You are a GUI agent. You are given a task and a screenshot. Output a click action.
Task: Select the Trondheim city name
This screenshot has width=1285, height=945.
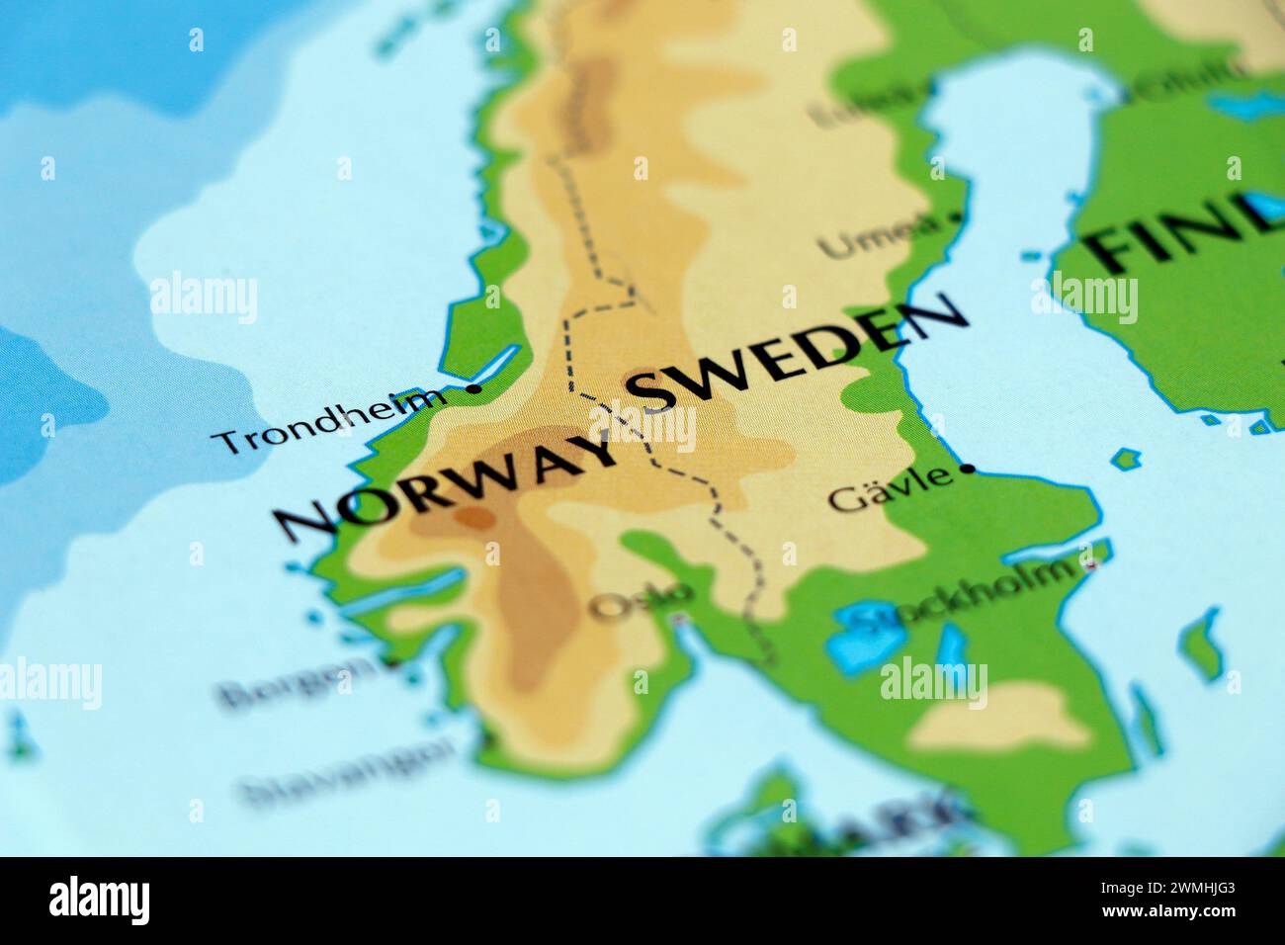pyautogui.click(x=330, y=420)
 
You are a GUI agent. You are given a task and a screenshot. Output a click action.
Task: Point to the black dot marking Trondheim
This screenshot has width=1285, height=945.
pyautogui.click(x=473, y=389)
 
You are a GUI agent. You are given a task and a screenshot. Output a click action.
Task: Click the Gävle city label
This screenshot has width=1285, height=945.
pyautogui.click(x=890, y=490)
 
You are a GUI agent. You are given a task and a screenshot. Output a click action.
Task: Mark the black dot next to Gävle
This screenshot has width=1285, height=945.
pyautogui.click(x=969, y=469)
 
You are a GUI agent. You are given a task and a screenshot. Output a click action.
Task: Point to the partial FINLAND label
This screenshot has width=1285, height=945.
pyautogui.click(x=1176, y=237)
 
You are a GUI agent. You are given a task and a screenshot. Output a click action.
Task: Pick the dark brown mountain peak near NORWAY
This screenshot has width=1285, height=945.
pyautogui.click(x=474, y=517)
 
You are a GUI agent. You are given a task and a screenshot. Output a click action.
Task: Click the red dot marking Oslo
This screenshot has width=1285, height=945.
pyautogui.click(x=678, y=621)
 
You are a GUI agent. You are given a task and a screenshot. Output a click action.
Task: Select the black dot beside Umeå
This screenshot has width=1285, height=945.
pyautogui.click(x=956, y=215)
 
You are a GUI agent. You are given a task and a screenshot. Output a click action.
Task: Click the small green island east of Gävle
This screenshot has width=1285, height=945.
pyautogui.click(x=1126, y=459)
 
